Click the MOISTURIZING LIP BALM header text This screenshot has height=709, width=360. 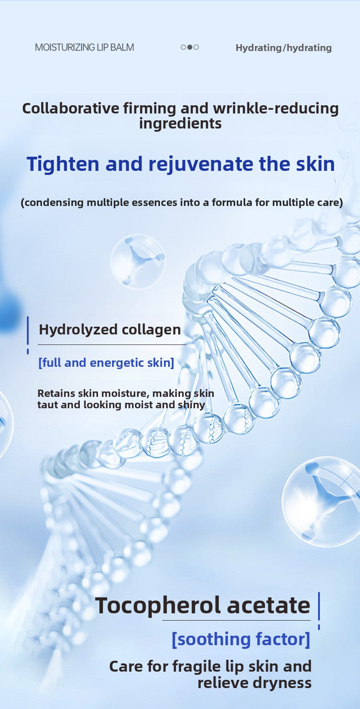[x=85, y=47]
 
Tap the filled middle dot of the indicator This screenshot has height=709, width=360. [x=190, y=47]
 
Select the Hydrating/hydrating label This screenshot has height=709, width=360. [x=284, y=48]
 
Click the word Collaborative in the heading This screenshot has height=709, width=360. [x=71, y=108]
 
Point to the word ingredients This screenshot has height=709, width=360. [x=180, y=123]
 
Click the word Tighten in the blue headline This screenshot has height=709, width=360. [x=63, y=164]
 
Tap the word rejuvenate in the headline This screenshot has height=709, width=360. [x=201, y=164]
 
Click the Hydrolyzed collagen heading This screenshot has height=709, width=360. [x=110, y=330]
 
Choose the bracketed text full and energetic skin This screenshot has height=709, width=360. [x=106, y=363]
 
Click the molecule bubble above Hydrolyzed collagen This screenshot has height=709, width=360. [x=138, y=262]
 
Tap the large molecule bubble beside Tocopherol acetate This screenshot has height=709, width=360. [x=321, y=502]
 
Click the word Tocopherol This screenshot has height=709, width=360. [x=158, y=606]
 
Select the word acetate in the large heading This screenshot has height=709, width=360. [x=268, y=606]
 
